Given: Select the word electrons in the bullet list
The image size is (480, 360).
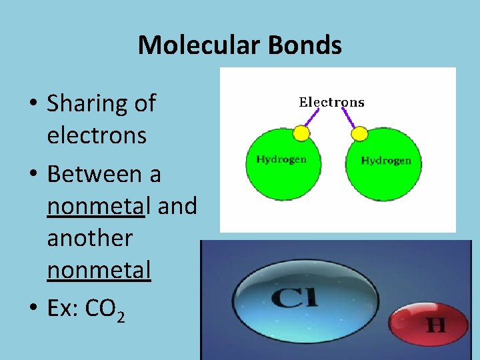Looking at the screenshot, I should [x=96, y=135].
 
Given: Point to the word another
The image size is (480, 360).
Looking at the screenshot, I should [x=89, y=238].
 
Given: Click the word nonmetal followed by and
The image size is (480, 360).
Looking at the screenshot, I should [x=96, y=206].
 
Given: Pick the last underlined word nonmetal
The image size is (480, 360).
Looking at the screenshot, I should [x=99, y=270].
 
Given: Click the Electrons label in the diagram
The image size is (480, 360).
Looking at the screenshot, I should [x=331, y=103].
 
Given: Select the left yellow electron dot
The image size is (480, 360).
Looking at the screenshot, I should [x=302, y=133].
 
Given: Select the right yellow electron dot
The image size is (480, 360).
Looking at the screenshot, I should [x=359, y=133].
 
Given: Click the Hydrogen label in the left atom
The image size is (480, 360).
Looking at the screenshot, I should [x=281, y=159].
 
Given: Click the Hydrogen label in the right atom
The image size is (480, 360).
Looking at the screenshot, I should [x=386, y=160].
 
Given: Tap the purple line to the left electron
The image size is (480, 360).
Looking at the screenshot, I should [x=311, y=117].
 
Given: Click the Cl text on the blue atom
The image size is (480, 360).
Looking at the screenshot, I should [x=294, y=298].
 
